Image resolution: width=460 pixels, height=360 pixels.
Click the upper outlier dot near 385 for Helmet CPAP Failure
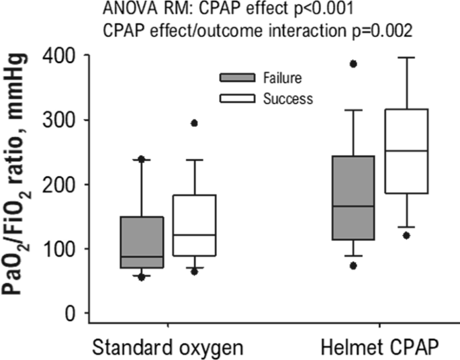pyautogui.click(x=353, y=64)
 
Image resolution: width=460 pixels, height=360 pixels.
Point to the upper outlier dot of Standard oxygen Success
pyautogui.click(x=194, y=124)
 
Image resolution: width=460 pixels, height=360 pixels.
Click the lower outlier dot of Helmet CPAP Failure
pyautogui.click(x=353, y=265)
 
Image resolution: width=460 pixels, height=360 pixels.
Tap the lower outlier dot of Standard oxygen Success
pyautogui.click(x=194, y=271)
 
